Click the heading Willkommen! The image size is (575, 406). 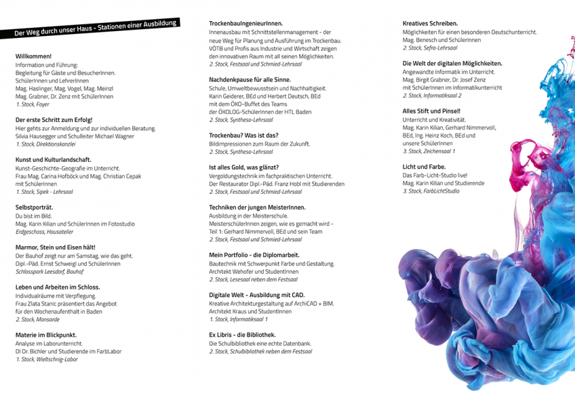33,56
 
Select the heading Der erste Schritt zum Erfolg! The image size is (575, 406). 54,119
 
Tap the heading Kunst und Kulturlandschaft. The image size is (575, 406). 53,159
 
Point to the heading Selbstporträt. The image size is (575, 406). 34,207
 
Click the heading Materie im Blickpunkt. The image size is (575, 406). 45,335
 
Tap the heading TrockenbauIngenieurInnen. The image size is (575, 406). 245,23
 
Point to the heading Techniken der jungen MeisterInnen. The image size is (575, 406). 257,207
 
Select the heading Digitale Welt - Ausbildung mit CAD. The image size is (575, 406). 256,295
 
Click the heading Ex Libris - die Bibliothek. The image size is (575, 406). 242,335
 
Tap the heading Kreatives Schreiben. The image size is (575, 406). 430,23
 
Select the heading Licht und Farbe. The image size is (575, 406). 424,166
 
